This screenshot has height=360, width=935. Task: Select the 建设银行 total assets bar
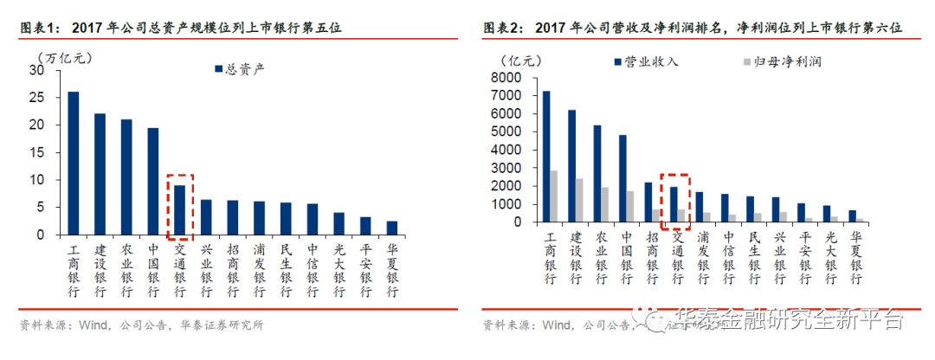click(100, 173)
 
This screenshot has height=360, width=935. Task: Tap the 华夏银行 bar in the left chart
click(391, 228)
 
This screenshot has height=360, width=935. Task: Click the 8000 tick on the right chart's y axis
click(509, 77)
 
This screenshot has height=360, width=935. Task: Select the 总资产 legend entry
click(237, 69)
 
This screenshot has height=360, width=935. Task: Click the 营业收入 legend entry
click(646, 62)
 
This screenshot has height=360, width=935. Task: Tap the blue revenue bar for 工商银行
click(545, 156)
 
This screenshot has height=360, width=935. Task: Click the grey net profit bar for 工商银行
click(553, 196)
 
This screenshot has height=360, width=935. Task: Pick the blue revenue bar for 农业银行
click(596, 173)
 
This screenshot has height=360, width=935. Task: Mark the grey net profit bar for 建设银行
click(579, 200)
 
